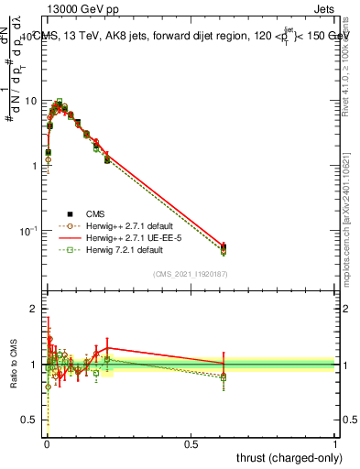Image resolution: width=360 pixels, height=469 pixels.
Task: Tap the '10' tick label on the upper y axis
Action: click(32, 100)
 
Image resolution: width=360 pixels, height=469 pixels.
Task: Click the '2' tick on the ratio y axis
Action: click(35, 309)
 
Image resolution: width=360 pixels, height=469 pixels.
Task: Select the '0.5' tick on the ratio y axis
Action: click(30, 420)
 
